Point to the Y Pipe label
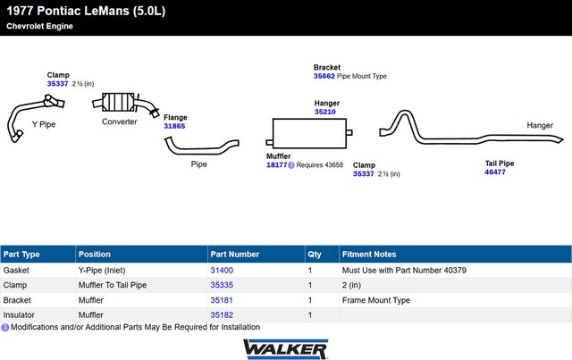click(x=44, y=124)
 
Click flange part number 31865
click(x=174, y=126)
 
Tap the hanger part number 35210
click(x=325, y=112)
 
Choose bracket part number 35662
click(x=324, y=76)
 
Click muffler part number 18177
click(x=277, y=165)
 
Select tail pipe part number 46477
click(x=495, y=172)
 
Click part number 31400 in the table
click(x=222, y=271)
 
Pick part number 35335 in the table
click(x=222, y=285)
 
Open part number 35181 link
click(x=222, y=300)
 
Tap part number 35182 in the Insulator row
click(x=222, y=314)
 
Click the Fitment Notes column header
click(x=369, y=255)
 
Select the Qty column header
click(x=315, y=255)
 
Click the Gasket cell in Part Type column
click(x=16, y=271)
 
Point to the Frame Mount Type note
click(x=376, y=300)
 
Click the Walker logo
click(x=286, y=349)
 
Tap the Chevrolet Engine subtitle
click(x=39, y=26)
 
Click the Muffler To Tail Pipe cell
click(x=113, y=285)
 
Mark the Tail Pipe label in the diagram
click(x=500, y=163)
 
